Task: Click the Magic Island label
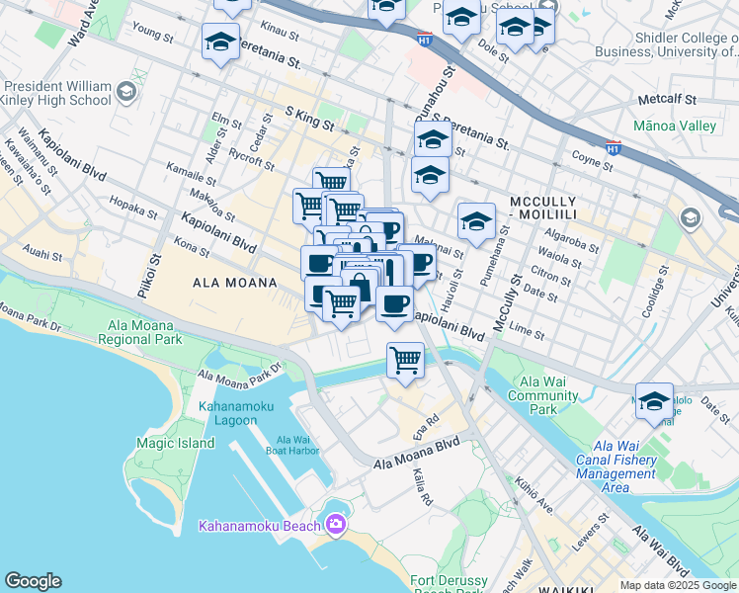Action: pos(175,444)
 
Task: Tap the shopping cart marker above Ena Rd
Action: pos(405,361)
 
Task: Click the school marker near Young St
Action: pos(220,42)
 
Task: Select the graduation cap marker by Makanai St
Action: pos(476,222)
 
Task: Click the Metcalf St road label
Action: pos(668,100)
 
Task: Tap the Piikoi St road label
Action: pos(154,280)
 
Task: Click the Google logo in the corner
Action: pos(33,581)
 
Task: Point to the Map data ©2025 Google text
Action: pos(678,585)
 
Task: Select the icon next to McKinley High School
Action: pos(125,93)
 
